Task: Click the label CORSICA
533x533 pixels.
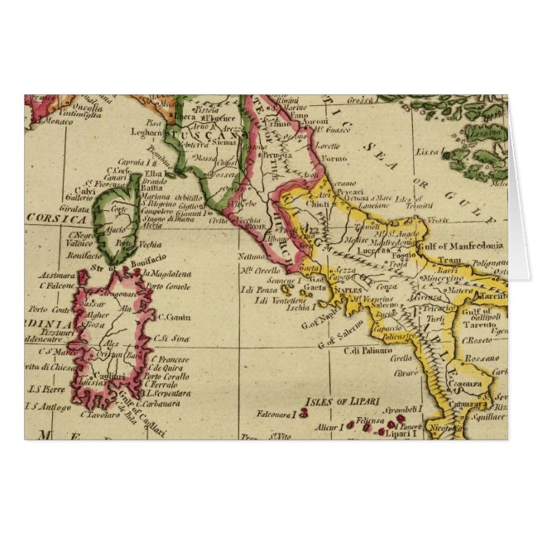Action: tap(56, 220)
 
